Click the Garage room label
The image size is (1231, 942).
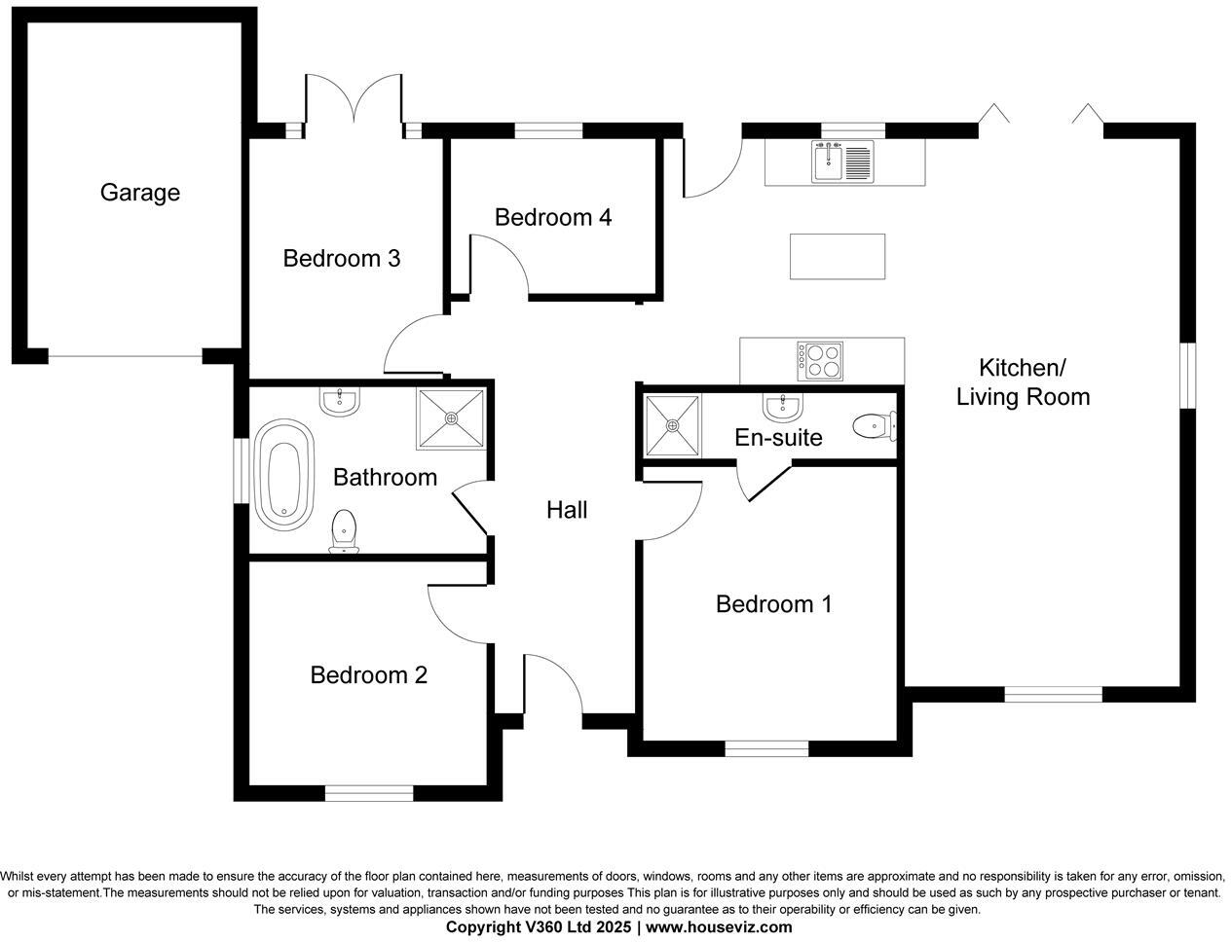(139, 193)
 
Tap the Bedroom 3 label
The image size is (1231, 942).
(342, 259)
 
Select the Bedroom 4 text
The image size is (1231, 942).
(552, 217)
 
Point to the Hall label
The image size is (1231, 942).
(567, 510)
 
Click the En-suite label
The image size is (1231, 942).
(778, 438)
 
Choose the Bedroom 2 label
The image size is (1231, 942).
(368, 675)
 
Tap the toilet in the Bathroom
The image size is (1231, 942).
(344, 531)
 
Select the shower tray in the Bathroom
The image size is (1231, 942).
(451, 419)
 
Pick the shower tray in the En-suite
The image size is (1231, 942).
(672, 425)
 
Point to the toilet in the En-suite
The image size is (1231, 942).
(873, 425)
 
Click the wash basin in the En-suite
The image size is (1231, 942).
(781, 405)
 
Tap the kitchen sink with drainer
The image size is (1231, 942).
(843, 162)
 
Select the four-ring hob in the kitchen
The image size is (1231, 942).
(819, 361)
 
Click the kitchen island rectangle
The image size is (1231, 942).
(837, 257)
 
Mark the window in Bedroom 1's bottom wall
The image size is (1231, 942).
(766, 748)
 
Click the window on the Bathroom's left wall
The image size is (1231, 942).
(241, 472)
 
